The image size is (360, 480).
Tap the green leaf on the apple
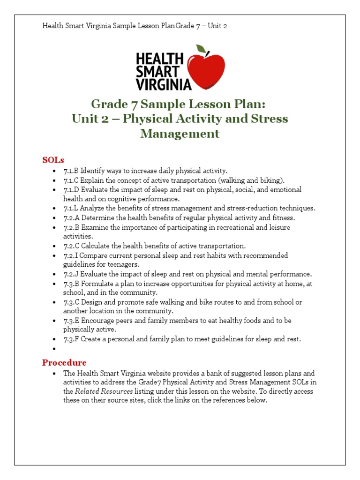pyautogui.click(x=201, y=49)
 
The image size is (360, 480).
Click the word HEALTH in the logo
pyautogui.click(x=159, y=59)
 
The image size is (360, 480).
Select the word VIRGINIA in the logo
pyautogui.click(x=164, y=84)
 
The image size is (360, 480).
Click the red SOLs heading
pyautogui.click(x=53, y=160)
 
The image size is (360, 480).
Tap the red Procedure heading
pyautogui.click(x=64, y=362)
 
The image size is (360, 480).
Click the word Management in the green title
pyautogui.click(x=180, y=134)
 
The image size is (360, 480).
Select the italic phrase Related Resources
pyautogui.click(x=104, y=391)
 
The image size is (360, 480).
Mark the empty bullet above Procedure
pyautogui.click(x=55, y=349)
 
